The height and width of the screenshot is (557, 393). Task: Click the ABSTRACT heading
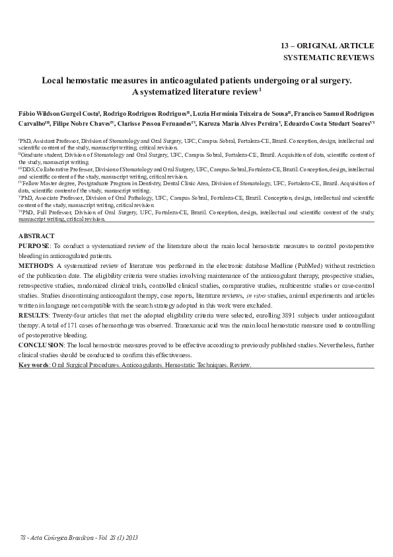[x=33, y=236]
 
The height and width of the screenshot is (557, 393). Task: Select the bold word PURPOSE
[x=34, y=245]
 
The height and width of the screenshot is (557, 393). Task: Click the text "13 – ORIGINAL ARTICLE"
[x=327, y=46]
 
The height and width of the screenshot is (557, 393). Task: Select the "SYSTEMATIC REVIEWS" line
[x=328, y=58]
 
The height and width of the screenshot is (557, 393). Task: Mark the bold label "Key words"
[x=32, y=364]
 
